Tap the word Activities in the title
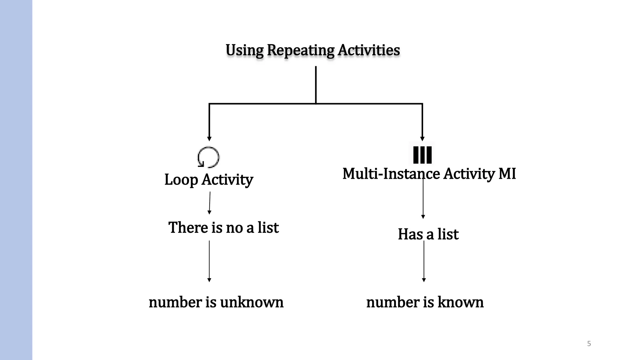[369, 50]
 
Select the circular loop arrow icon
[208, 157]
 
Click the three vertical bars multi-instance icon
[422, 155]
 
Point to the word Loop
[181, 180]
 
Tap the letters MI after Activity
[507, 174]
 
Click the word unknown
[252, 302]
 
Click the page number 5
[589, 344]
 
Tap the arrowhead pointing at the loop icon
[209, 139]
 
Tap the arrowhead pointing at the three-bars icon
[422, 139]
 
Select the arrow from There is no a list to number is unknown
[209, 261]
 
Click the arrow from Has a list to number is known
[424, 261]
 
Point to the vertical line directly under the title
[316, 84]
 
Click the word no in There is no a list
[234, 227]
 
